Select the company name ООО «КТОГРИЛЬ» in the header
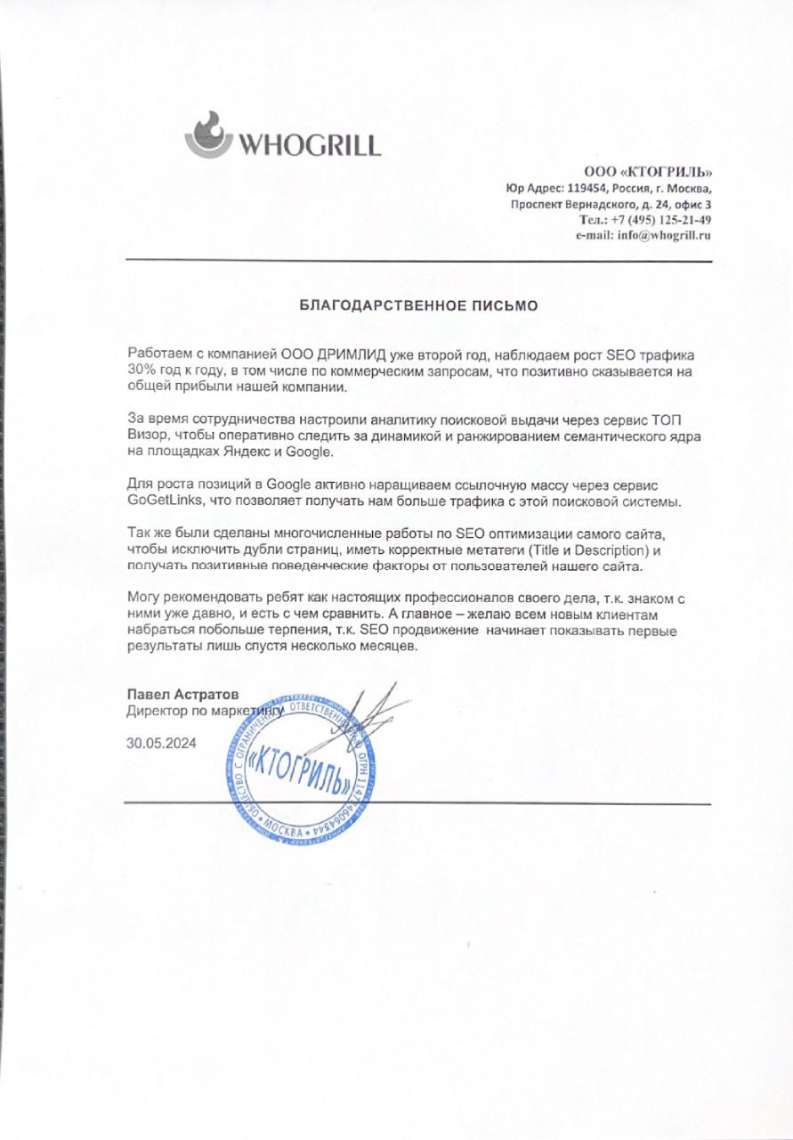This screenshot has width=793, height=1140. [648, 172]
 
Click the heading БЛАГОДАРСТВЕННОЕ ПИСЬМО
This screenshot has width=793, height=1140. [418, 305]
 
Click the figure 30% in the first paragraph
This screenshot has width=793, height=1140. [140, 370]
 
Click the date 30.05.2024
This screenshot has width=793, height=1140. [161, 742]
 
